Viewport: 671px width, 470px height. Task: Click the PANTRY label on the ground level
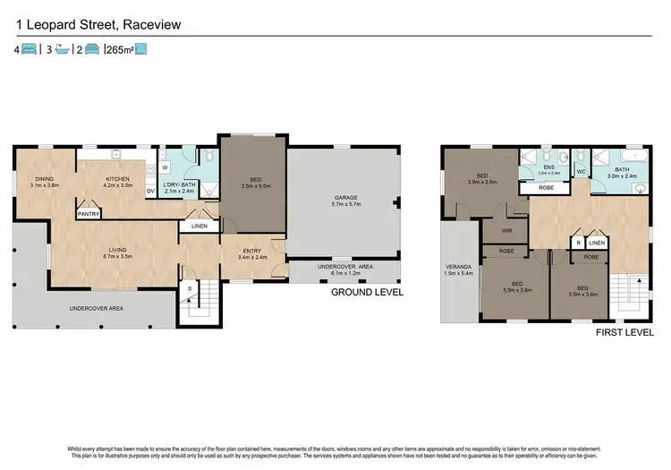[x=88, y=214]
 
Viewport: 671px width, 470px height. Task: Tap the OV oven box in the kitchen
[x=149, y=190]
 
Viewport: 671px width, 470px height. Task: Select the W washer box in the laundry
[x=166, y=167]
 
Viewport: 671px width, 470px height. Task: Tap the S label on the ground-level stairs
[x=189, y=288]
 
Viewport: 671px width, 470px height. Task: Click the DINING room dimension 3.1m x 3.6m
[x=45, y=186]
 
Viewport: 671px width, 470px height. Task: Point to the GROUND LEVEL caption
[x=367, y=292]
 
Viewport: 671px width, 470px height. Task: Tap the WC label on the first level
[x=581, y=170]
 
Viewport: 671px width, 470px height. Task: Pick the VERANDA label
[x=460, y=268]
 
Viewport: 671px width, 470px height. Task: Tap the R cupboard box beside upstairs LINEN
[x=579, y=243]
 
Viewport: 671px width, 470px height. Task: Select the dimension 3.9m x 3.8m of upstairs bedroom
[x=482, y=181]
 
